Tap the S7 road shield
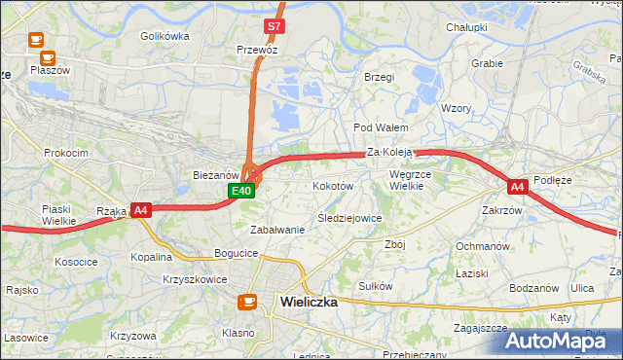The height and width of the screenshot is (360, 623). (x=275, y=26)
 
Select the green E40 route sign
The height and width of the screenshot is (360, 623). (x=243, y=191)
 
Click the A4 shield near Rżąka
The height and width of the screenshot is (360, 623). (x=141, y=209)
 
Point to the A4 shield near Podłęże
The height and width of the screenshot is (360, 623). (x=517, y=186)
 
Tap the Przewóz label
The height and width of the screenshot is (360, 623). (x=258, y=48)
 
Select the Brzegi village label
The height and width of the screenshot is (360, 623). (x=378, y=77)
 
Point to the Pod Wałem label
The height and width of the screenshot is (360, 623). (x=380, y=127)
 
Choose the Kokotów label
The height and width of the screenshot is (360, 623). (x=333, y=185)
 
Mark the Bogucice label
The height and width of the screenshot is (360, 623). (x=237, y=253)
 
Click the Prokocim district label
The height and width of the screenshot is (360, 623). (x=66, y=153)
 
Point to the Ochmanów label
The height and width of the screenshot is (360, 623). (x=483, y=246)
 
